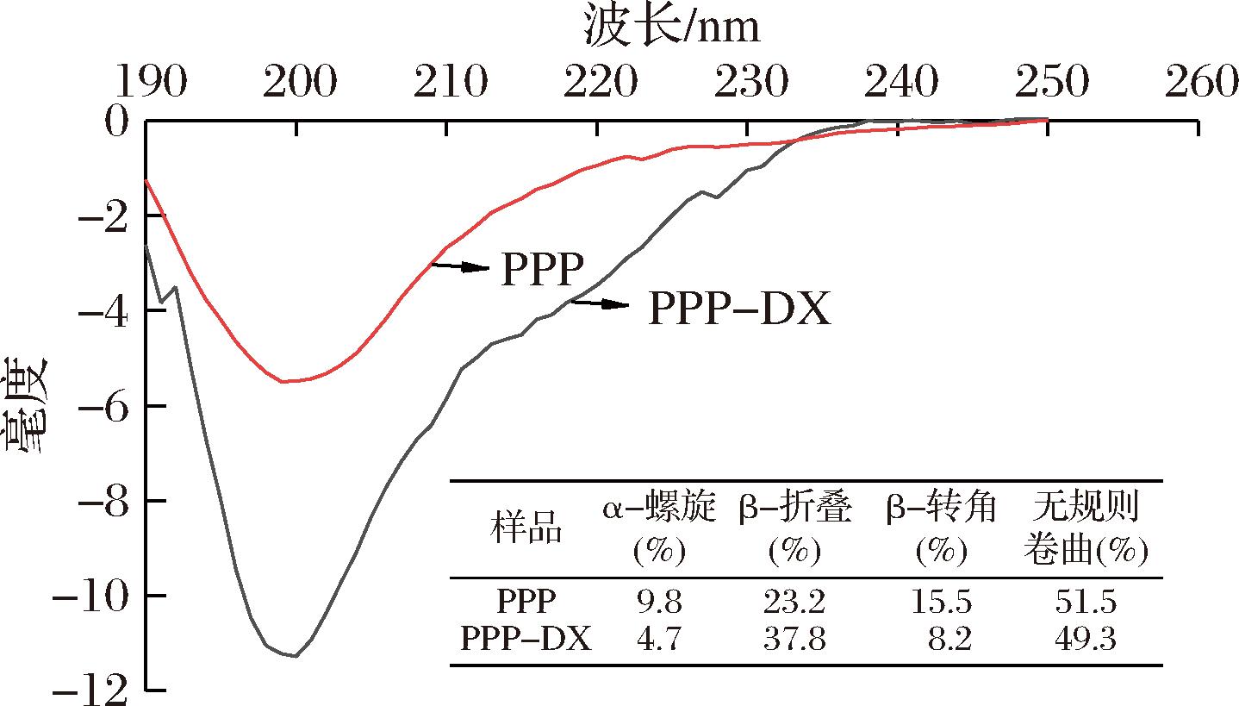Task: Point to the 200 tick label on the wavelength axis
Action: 296,83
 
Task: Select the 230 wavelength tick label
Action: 746,83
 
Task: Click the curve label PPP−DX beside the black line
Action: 738,309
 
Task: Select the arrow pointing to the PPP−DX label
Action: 600,303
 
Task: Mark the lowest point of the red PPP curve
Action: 284,381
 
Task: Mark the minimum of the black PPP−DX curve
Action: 296,656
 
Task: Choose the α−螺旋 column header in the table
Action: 659,509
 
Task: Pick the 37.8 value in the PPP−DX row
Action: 794,639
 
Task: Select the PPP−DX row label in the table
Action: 526,639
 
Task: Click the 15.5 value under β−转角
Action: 942,601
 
